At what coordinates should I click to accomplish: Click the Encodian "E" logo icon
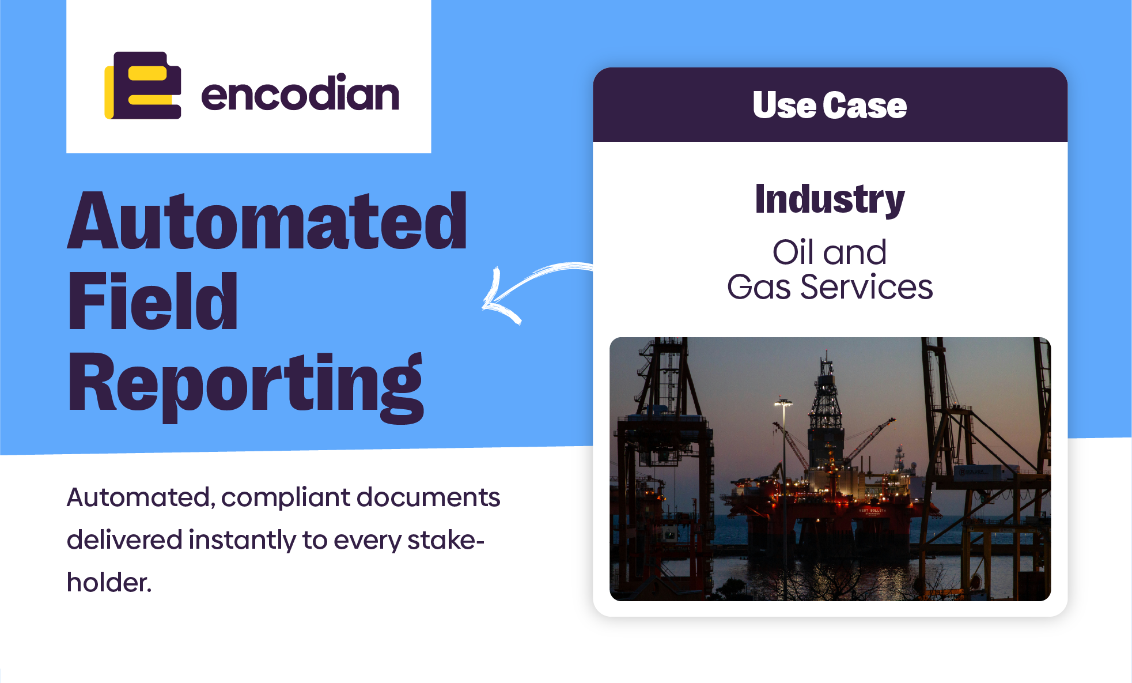pyautogui.click(x=143, y=86)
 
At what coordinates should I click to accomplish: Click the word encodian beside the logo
pyautogui.click(x=300, y=93)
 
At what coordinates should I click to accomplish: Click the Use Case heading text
pyautogui.click(x=830, y=105)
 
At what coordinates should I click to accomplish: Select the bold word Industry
pyautogui.click(x=830, y=199)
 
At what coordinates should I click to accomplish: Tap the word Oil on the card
pyautogui.click(x=793, y=252)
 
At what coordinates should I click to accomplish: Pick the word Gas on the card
pyautogui.click(x=759, y=287)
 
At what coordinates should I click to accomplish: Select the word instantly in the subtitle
pyautogui.click(x=242, y=540)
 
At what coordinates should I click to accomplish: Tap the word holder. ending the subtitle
pyautogui.click(x=109, y=582)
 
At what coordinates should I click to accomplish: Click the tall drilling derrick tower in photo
pyautogui.click(x=826, y=403)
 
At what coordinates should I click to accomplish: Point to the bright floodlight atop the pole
pyautogui.click(x=783, y=402)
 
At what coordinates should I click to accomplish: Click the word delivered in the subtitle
pyautogui.click(x=124, y=540)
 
